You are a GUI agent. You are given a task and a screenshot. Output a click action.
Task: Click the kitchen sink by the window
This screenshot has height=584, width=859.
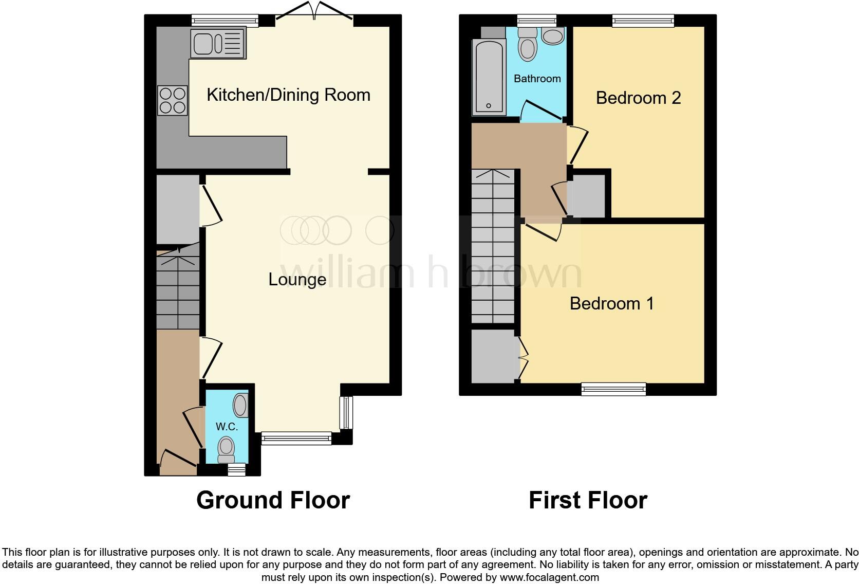(x=218, y=43)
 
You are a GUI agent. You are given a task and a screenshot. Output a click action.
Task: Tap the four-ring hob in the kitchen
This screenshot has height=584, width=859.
(x=173, y=100)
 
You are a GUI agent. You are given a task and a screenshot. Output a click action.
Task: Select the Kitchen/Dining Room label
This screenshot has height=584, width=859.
(x=288, y=95)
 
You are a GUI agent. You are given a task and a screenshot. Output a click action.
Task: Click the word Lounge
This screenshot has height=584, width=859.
(x=297, y=280)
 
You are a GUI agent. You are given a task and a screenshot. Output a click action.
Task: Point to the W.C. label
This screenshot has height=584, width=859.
(x=227, y=427)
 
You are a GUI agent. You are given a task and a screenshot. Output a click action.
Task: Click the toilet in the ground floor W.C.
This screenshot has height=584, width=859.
(x=226, y=450)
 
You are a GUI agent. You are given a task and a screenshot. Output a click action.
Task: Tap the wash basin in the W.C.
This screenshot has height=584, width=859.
(x=240, y=405)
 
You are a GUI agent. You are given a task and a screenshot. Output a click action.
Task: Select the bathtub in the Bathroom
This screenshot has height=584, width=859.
(x=489, y=77)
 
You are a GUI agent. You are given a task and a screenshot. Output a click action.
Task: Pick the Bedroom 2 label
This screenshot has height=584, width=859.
(x=638, y=98)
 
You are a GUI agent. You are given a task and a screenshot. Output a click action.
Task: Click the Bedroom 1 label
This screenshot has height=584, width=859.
(x=611, y=303)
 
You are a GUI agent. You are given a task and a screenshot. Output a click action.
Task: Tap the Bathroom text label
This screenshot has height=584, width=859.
(x=537, y=79)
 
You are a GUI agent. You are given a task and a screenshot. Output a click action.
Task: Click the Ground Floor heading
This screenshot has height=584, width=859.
(x=273, y=500)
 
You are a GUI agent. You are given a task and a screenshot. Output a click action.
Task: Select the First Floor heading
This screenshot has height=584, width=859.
(x=588, y=500)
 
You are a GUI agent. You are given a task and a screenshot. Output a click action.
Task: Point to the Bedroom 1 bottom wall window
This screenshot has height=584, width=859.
(x=613, y=389)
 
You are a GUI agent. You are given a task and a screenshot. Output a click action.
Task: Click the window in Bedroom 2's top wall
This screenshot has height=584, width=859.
(x=643, y=21)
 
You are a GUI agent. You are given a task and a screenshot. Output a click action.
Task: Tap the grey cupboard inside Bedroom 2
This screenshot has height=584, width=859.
(x=589, y=196)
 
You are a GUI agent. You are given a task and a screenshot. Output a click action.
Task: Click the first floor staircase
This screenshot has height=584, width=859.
(x=493, y=247)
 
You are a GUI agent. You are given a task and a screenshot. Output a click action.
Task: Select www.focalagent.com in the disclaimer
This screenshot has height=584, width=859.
(x=549, y=577)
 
